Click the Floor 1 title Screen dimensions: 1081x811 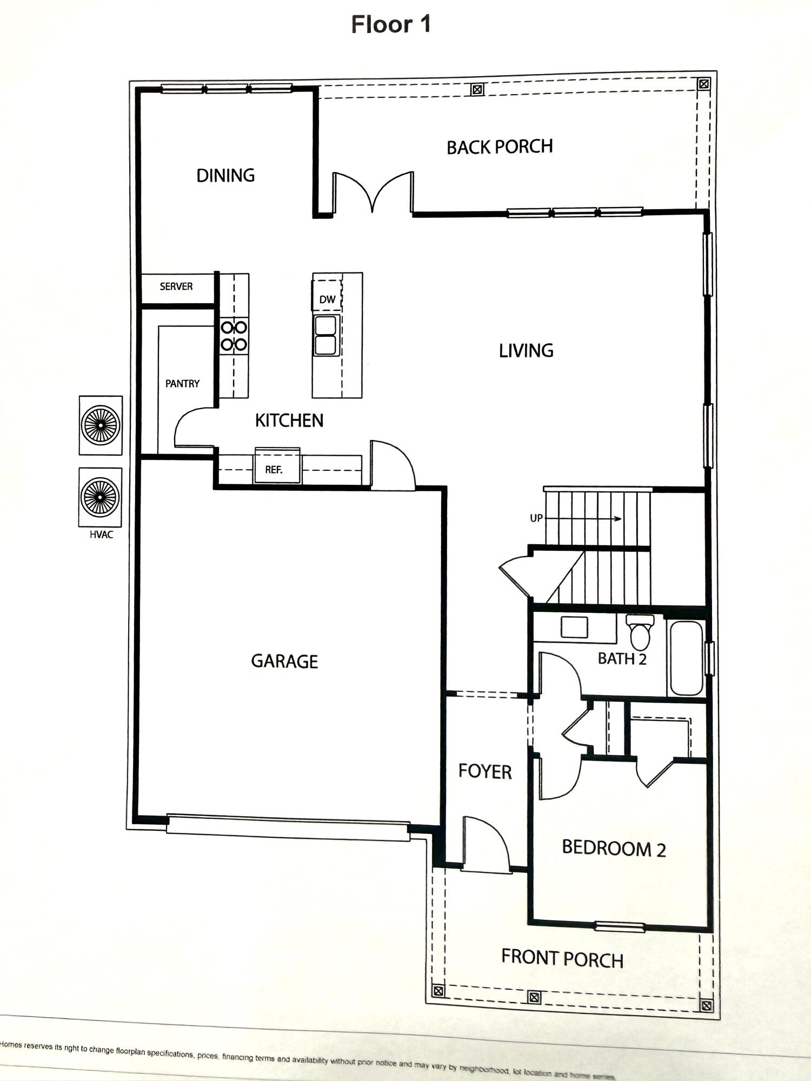pos(390,24)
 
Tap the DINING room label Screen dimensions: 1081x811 pos(225,176)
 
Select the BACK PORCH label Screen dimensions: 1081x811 pos(500,147)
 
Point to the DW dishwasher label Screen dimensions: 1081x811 pos(327,299)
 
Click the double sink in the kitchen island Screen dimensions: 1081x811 pos(326,336)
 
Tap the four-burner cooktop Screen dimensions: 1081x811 pos(234,336)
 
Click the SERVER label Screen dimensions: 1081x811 pos(176,286)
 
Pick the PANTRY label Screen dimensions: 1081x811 pos(182,383)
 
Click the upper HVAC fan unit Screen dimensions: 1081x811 pos(101,425)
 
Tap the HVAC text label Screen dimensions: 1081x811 pos(101,535)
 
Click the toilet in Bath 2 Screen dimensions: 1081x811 pos(640,633)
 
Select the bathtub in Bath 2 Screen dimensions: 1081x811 pos(686,658)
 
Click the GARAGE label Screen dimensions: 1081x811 pos(284,661)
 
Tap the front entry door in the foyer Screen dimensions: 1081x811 pos(486,844)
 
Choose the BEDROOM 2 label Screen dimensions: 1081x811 pos(614,848)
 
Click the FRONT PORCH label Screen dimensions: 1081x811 pos(562,958)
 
